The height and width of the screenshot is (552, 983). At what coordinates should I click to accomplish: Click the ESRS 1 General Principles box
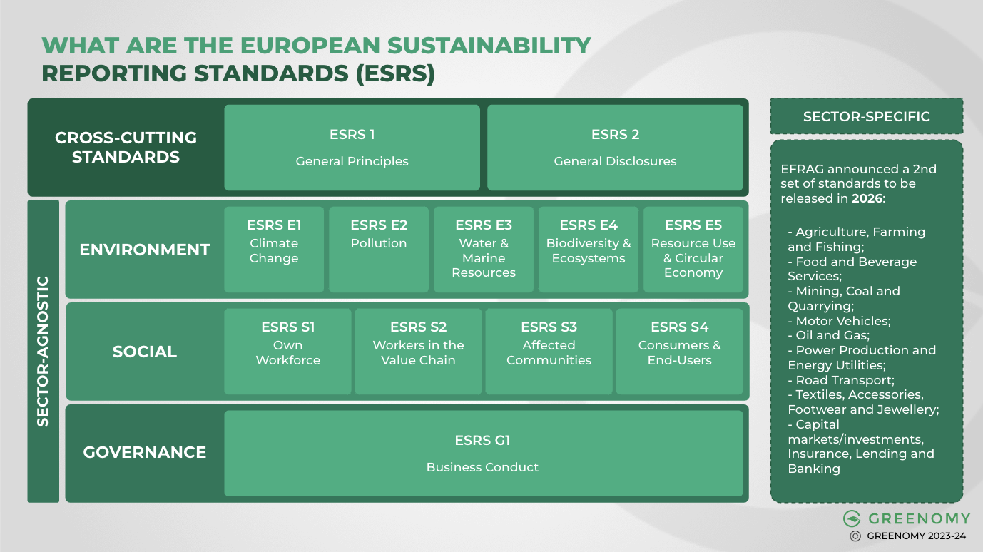352,148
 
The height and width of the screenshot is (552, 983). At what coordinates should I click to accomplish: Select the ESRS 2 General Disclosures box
615,148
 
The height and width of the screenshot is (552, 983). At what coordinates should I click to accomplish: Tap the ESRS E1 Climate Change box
274,250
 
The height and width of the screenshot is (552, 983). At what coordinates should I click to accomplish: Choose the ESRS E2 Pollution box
379,250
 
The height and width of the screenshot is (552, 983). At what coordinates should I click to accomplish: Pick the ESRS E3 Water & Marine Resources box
484,250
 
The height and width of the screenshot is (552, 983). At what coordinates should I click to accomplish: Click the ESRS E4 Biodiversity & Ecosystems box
589,250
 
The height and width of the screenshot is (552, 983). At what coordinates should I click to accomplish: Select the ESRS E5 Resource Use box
693,250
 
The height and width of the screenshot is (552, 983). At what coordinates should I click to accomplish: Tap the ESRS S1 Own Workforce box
287,352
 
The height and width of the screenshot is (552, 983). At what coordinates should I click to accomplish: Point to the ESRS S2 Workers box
418,352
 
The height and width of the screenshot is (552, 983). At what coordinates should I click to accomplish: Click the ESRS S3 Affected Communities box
549,352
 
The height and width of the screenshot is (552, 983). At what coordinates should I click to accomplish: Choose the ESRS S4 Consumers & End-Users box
679,352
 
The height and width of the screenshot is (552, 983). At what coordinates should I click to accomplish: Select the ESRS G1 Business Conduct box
483,454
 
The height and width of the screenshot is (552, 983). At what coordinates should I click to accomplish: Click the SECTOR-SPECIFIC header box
867,116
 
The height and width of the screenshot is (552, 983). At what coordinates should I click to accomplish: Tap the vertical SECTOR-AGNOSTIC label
43,352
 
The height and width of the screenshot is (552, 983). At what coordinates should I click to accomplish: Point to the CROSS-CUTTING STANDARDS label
126,148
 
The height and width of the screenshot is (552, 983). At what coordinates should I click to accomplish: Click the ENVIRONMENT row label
145,250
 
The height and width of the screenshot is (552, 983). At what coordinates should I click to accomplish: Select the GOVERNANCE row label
145,452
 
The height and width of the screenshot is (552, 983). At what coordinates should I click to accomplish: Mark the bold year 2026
867,198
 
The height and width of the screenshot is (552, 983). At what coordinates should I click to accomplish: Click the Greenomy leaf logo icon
852,518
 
